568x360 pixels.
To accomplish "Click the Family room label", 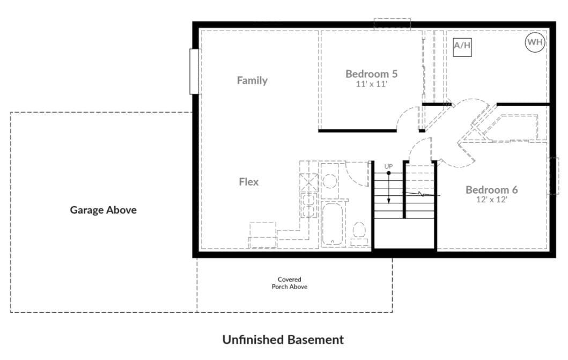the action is [x=252, y=80].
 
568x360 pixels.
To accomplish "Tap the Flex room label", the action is [x=249, y=181].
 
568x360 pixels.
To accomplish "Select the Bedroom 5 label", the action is [x=371, y=74].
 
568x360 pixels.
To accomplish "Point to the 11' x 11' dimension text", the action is [x=371, y=84].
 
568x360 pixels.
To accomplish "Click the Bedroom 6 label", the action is [x=491, y=190].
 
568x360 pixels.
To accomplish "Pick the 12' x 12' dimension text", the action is [x=491, y=200].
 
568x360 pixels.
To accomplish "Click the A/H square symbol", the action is [x=462, y=47].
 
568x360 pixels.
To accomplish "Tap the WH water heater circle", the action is [x=535, y=42].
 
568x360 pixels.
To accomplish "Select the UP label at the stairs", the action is [x=388, y=166].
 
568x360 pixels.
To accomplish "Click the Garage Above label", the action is [x=103, y=210].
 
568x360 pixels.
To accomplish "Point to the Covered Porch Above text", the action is [x=290, y=283].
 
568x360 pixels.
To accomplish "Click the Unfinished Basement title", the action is [x=283, y=340].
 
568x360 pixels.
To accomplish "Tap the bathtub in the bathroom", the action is [x=333, y=224].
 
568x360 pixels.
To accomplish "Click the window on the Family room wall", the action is [x=195, y=71].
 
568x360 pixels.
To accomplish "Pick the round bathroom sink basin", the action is [x=330, y=181].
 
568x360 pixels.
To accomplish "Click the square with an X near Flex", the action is [x=309, y=182].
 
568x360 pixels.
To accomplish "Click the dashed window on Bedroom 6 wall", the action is [x=552, y=175].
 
